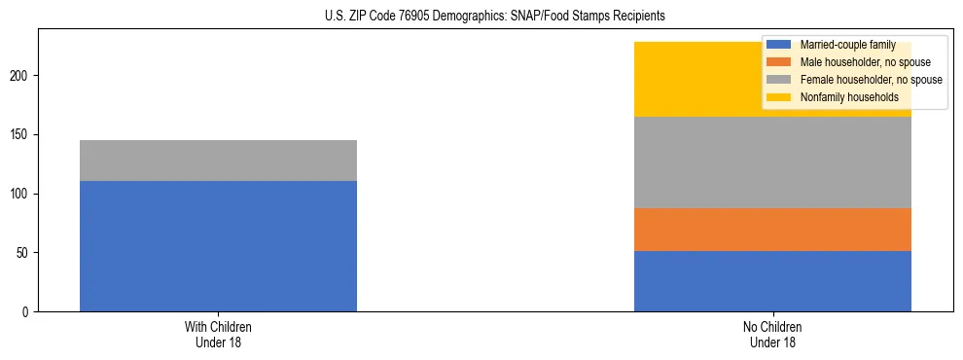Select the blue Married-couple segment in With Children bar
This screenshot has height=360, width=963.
pyautogui.click(x=218, y=246)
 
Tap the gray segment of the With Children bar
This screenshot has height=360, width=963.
pyautogui.click(x=218, y=161)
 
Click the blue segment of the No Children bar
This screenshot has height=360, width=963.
pyautogui.click(x=772, y=281)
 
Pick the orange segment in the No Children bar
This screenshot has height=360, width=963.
pyautogui.click(x=772, y=230)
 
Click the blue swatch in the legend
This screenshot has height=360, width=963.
pyautogui.click(x=779, y=45)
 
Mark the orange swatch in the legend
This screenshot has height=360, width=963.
pyautogui.click(x=779, y=62)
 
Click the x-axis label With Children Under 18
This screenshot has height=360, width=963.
pyautogui.click(x=218, y=335)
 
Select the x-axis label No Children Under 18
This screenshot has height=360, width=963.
pyautogui.click(x=772, y=335)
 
